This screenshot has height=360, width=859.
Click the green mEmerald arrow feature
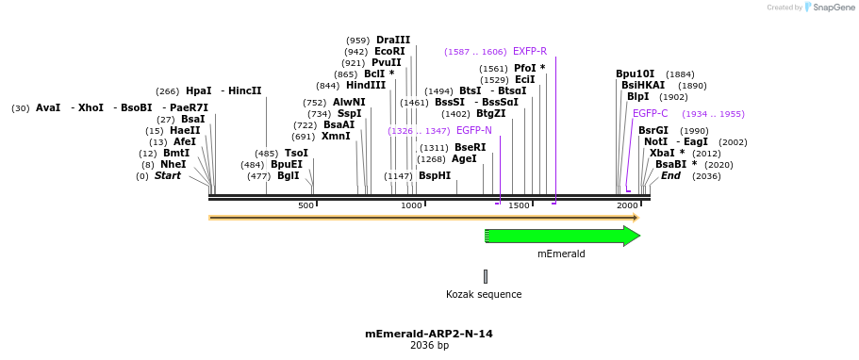(561, 236)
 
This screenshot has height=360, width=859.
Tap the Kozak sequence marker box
(486, 276)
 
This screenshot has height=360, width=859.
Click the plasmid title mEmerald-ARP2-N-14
(429, 334)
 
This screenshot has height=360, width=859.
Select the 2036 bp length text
(429, 346)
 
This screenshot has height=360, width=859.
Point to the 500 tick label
(306, 205)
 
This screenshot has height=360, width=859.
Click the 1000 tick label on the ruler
(411, 205)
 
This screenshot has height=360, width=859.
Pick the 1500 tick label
(519, 205)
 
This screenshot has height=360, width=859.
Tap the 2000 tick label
(627, 205)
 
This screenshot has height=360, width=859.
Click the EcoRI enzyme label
(389, 52)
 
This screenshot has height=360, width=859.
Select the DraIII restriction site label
(393, 40)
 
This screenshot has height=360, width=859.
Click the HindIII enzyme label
(366, 86)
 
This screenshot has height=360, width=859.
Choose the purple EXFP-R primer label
(530, 52)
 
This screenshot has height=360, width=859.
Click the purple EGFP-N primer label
(474, 131)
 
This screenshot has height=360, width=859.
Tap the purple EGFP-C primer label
(650, 114)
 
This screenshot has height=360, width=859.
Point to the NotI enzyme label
(655, 142)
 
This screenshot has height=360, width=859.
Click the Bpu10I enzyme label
(635, 74)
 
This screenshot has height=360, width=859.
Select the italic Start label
(168, 176)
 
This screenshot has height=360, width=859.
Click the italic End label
(670, 176)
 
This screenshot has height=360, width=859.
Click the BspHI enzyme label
(435, 176)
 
